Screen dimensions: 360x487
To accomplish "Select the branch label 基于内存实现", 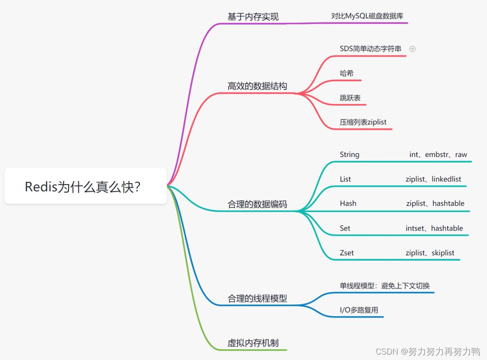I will tap(253, 17).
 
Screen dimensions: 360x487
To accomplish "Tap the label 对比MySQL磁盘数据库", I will tap(367, 16).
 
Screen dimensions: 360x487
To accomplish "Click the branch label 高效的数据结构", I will tap(257, 86).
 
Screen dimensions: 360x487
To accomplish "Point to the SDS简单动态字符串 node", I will tap(370, 48).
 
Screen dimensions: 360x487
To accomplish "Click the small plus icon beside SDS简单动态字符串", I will tap(412, 49).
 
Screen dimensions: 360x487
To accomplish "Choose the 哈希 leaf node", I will tap(347, 73).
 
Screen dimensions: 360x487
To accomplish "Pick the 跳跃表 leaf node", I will tap(350, 97).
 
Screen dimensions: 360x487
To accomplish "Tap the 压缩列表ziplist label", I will tap(363, 122).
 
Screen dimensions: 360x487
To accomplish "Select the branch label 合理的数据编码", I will tap(257, 204).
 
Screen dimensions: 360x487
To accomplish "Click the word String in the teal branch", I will tap(349, 154).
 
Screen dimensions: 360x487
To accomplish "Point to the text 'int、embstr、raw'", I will tap(438, 154).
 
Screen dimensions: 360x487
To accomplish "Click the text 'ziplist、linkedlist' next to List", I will tap(433, 179).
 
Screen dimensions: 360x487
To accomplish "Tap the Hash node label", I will tap(348, 203).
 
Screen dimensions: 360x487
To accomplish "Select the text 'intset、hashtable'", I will tap(434, 228).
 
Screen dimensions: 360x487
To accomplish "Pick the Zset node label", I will tap(346, 253).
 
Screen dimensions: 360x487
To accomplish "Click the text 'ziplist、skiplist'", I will tap(430, 253).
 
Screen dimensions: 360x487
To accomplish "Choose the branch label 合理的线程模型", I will tap(257, 298).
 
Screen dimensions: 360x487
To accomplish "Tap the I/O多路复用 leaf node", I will tap(358, 310).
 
